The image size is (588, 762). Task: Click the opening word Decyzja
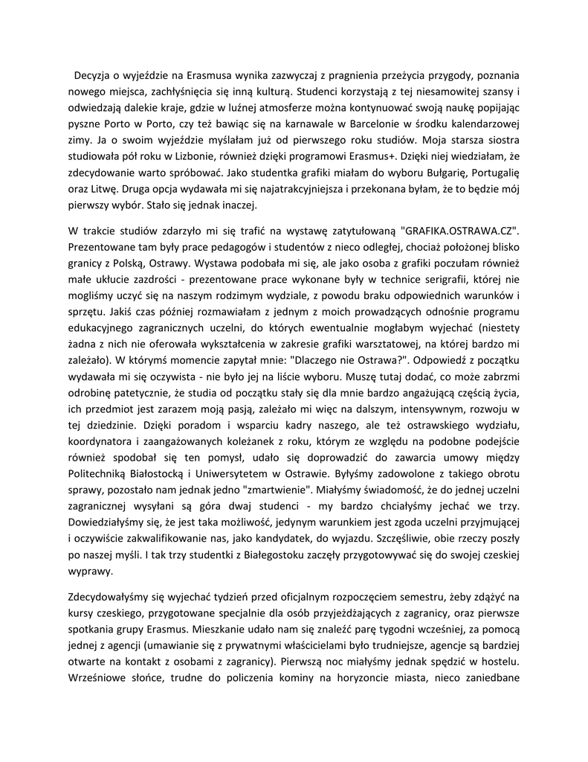click(93, 75)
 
